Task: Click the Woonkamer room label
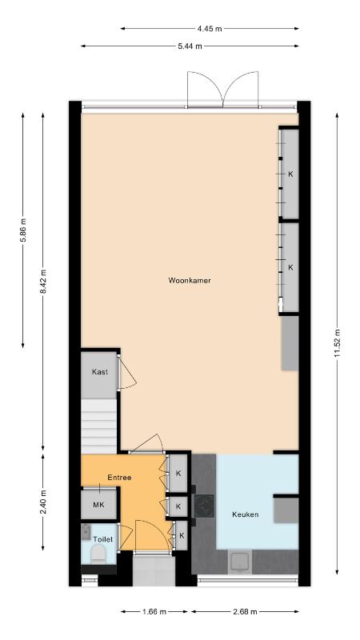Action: point(190,281)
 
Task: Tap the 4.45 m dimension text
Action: point(210,29)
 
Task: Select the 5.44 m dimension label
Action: point(190,46)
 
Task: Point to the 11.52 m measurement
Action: point(337,343)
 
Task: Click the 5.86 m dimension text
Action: point(23,230)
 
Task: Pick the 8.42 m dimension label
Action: point(43,282)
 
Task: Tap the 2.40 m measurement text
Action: point(43,502)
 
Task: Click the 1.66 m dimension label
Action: point(154,611)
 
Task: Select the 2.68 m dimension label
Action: point(245,611)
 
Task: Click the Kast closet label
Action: point(99,372)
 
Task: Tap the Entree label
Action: point(119,477)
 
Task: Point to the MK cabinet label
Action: point(98,505)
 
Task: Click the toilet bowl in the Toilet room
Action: point(98,555)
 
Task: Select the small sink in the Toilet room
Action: point(86,532)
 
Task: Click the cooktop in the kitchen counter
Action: point(204,506)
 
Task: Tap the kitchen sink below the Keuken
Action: point(241,562)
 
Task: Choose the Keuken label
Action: point(245,514)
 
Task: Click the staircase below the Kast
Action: point(99,426)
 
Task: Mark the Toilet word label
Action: point(102,539)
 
